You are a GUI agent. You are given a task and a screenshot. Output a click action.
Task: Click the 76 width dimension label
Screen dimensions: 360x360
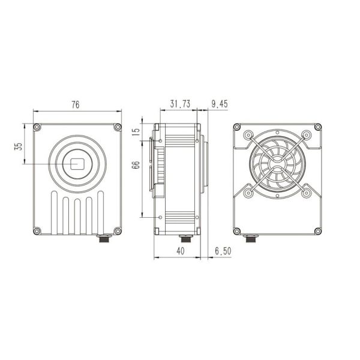click(76, 104)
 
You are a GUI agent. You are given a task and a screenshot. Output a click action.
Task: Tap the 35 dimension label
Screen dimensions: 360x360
click(19, 146)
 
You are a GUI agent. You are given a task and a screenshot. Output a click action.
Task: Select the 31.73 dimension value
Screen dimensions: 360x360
click(180, 104)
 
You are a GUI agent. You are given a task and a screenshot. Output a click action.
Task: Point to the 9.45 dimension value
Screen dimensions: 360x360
click(220, 104)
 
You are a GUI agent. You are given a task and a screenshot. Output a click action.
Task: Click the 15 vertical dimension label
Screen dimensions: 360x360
click(136, 132)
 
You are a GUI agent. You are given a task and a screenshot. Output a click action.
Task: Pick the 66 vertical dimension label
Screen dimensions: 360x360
click(136, 165)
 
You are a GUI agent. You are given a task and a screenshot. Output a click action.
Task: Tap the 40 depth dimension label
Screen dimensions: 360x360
click(181, 251)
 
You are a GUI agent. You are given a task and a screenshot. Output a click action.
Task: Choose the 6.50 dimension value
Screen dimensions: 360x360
click(223, 251)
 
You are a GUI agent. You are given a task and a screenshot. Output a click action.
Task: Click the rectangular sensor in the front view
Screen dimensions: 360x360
click(77, 164)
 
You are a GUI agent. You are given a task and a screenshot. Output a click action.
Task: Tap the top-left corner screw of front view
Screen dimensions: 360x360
click(37, 127)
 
